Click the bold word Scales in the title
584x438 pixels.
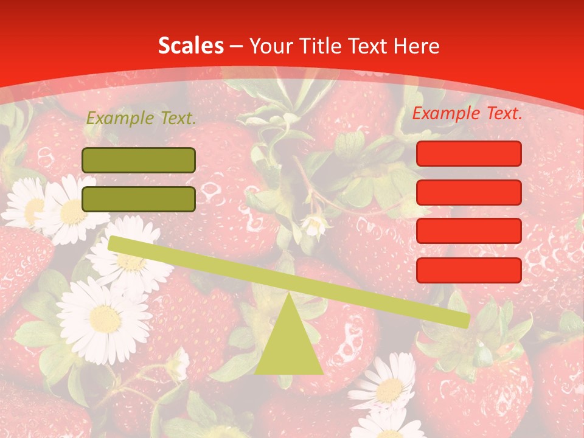[x=191, y=46]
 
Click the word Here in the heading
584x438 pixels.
[x=417, y=46]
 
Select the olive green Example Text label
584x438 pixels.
[x=141, y=119]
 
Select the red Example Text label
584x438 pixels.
[x=467, y=113]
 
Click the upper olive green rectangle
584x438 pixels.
[x=139, y=160]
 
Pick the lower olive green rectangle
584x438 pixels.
[x=139, y=199]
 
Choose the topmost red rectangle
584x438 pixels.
[x=469, y=153]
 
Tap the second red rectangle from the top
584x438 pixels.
[x=469, y=192]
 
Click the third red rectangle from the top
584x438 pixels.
[x=469, y=231]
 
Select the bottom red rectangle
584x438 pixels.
[x=469, y=270]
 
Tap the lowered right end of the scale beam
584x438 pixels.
[x=464, y=320]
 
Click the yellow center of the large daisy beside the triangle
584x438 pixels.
[x=105, y=318]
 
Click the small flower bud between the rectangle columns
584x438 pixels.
[x=315, y=224]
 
